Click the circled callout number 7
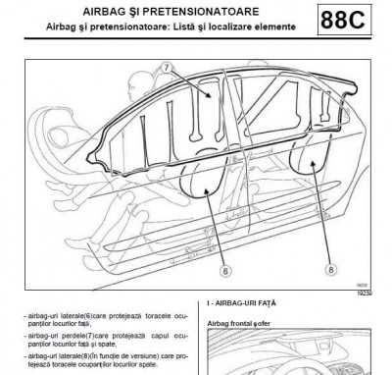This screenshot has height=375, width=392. (x=168, y=69)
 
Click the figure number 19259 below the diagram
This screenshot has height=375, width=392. (x=375, y=292)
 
